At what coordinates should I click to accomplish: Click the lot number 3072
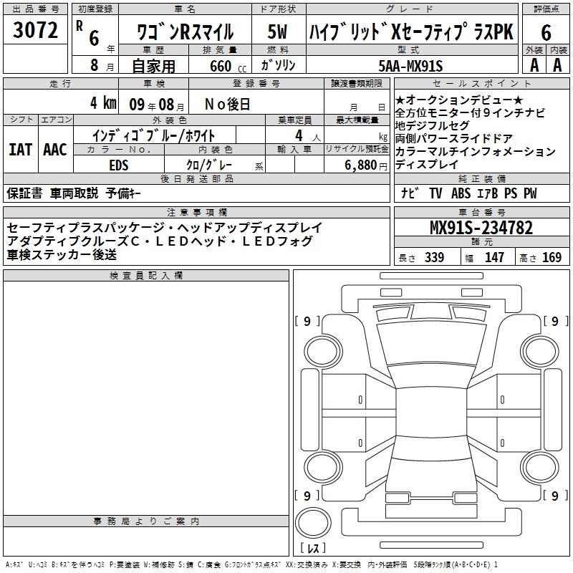tap(35, 30)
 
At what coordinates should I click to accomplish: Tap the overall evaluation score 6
tap(546, 32)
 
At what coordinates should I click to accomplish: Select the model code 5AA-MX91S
tap(410, 66)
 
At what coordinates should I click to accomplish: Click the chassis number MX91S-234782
tap(481, 227)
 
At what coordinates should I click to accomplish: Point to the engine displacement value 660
tap(221, 66)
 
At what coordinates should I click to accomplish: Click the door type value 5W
tap(277, 32)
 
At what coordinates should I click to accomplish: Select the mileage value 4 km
tap(103, 102)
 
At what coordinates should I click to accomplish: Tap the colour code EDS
tap(119, 165)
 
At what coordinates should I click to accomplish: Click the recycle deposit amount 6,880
tap(360, 165)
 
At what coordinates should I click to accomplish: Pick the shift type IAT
tap(20, 150)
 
